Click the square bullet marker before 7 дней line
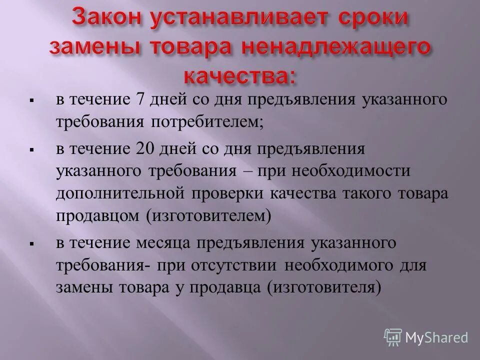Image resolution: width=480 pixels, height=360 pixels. pyautogui.click(x=31, y=100)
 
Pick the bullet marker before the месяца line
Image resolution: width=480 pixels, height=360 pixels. pyautogui.click(x=31, y=244)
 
